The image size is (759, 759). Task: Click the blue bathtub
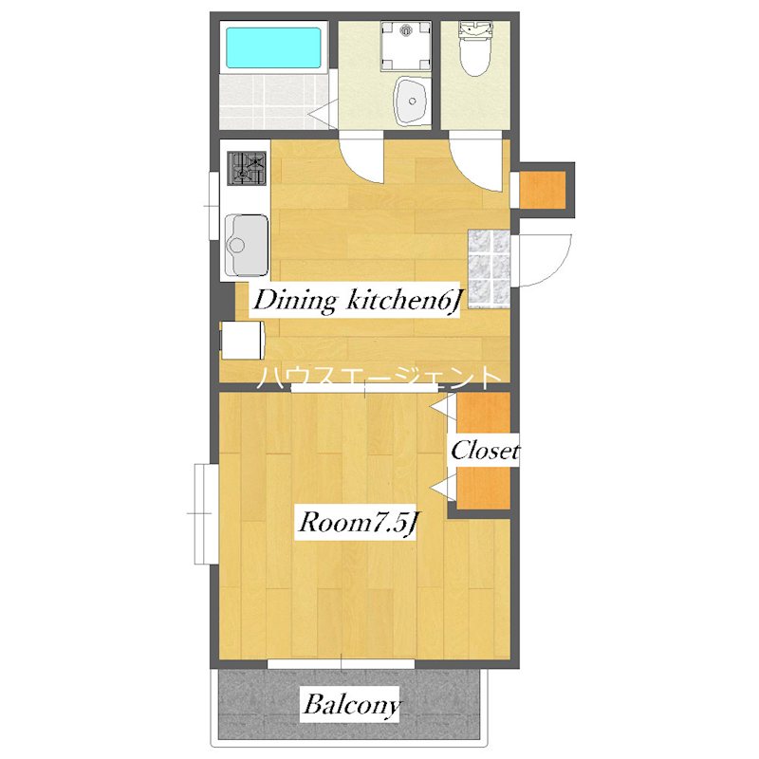pos(273,46)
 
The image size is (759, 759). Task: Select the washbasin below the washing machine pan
pos(412,100)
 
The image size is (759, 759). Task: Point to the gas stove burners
pos(248,169)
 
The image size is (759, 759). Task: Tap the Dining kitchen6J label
pos(355,301)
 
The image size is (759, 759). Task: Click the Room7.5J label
pos(358,522)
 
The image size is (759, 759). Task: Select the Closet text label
pos(484,450)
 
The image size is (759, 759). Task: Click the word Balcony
pos(351,705)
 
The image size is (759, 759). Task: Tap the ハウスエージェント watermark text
pos(379,378)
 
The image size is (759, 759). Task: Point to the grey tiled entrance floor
pos(489,270)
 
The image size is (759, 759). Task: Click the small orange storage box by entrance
pos(543,186)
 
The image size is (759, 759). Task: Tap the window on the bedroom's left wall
pos(202,512)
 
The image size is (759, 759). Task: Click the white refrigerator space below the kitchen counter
pos(241,340)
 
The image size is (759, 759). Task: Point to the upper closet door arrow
pos(441,407)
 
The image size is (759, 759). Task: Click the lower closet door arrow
pos(441,489)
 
